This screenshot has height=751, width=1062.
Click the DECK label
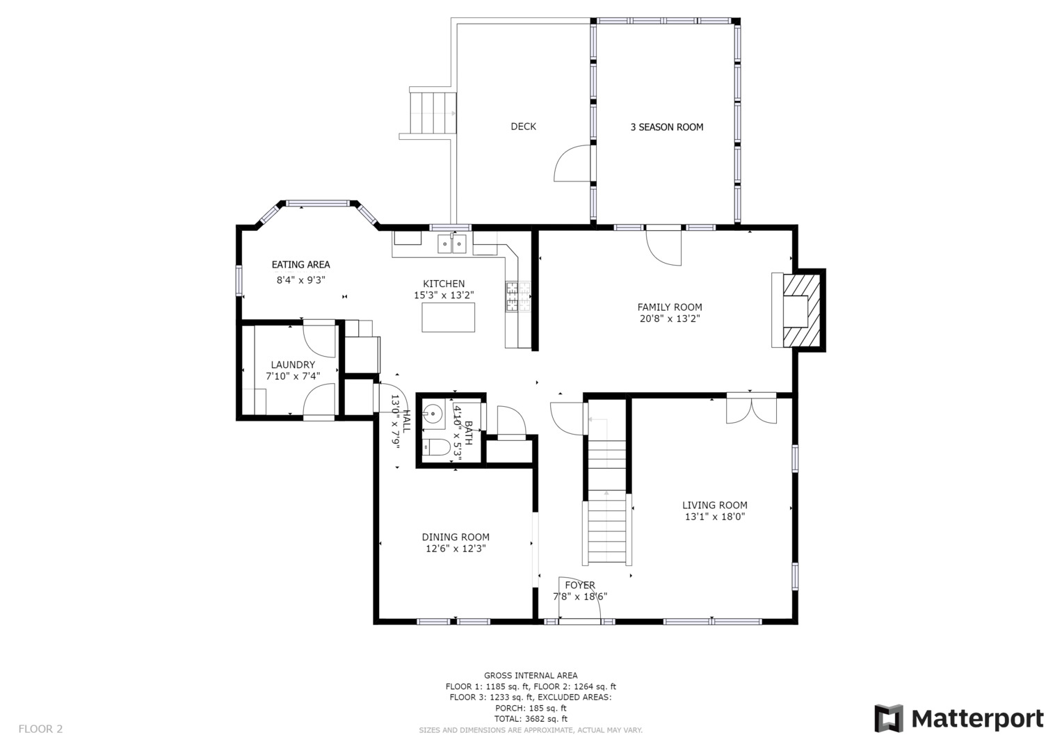click(x=523, y=127)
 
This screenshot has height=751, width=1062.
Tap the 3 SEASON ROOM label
click(x=666, y=127)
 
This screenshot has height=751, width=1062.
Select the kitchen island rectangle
click(x=448, y=317)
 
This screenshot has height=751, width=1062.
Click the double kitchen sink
click(x=452, y=243)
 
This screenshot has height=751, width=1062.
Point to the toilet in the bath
click(x=435, y=447)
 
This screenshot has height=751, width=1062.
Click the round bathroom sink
click(x=433, y=414)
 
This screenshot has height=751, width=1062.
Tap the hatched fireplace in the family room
click(x=802, y=311)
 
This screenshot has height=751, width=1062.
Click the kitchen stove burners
click(x=518, y=296)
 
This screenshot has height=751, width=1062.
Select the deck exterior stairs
click(x=433, y=113)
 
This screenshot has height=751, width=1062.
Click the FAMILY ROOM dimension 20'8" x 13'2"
click(x=670, y=319)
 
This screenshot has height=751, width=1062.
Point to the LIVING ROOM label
click(x=714, y=506)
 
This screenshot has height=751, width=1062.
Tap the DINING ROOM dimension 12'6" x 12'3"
click(x=456, y=549)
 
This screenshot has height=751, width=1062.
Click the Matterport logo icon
click(x=889, y=719)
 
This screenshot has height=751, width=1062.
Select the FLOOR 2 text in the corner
click(x=41, y=729)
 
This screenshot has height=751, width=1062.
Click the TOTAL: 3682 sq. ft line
click(x=531, y=719)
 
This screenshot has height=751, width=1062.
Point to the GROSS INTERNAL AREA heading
click(x=531, y=676)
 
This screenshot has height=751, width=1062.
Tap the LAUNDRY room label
click(x=293, y=364)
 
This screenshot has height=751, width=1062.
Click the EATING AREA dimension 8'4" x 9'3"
click(x=300, y=280)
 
